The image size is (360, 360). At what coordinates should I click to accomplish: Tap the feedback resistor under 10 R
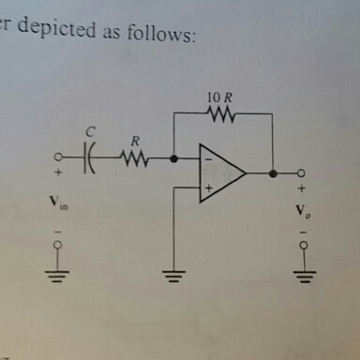coord(223,115)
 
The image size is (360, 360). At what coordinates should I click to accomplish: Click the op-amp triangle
coord(220,174)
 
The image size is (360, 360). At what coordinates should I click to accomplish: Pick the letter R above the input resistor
coord(135,141)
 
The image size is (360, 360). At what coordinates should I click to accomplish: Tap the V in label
coord(58,201)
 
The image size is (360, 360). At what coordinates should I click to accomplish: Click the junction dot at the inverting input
coord(174,158)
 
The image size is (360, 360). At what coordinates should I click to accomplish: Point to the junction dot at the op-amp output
coord(272,173)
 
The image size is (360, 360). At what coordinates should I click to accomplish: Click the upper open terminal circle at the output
coord(301,173)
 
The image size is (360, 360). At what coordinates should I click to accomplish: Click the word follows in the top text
coord(163,35)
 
